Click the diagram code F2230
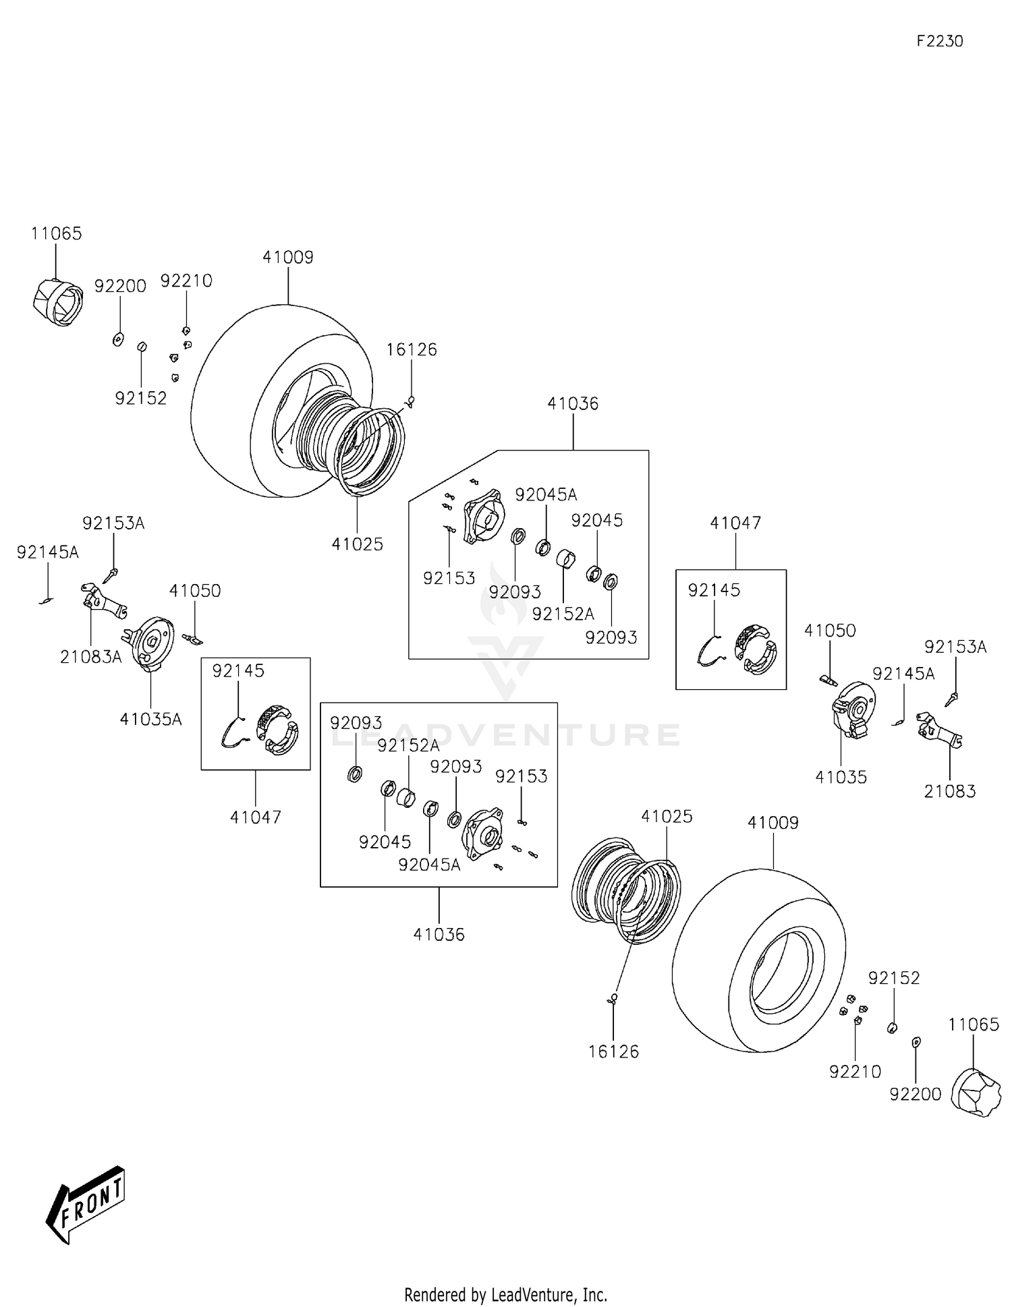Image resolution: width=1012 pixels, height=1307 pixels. (939, 41)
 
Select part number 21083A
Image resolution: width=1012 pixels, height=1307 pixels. (90, 656)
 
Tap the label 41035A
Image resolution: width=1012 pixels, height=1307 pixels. (150, 719)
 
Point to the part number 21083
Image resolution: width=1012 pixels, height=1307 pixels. (949, 791)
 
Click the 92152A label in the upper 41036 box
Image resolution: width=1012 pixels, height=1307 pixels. (563, 614)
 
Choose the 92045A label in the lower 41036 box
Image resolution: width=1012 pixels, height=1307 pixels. (429, 865)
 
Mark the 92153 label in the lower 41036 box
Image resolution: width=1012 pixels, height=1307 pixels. (521, 776)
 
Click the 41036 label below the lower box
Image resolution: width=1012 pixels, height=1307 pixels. (439, 934)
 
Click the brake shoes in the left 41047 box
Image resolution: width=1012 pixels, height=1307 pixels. (277, 729)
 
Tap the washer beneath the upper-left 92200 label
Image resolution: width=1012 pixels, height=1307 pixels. (118, 339)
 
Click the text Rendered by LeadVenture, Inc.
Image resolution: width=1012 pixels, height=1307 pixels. (505, 1294)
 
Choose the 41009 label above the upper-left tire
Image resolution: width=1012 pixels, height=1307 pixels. (288, 257)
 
